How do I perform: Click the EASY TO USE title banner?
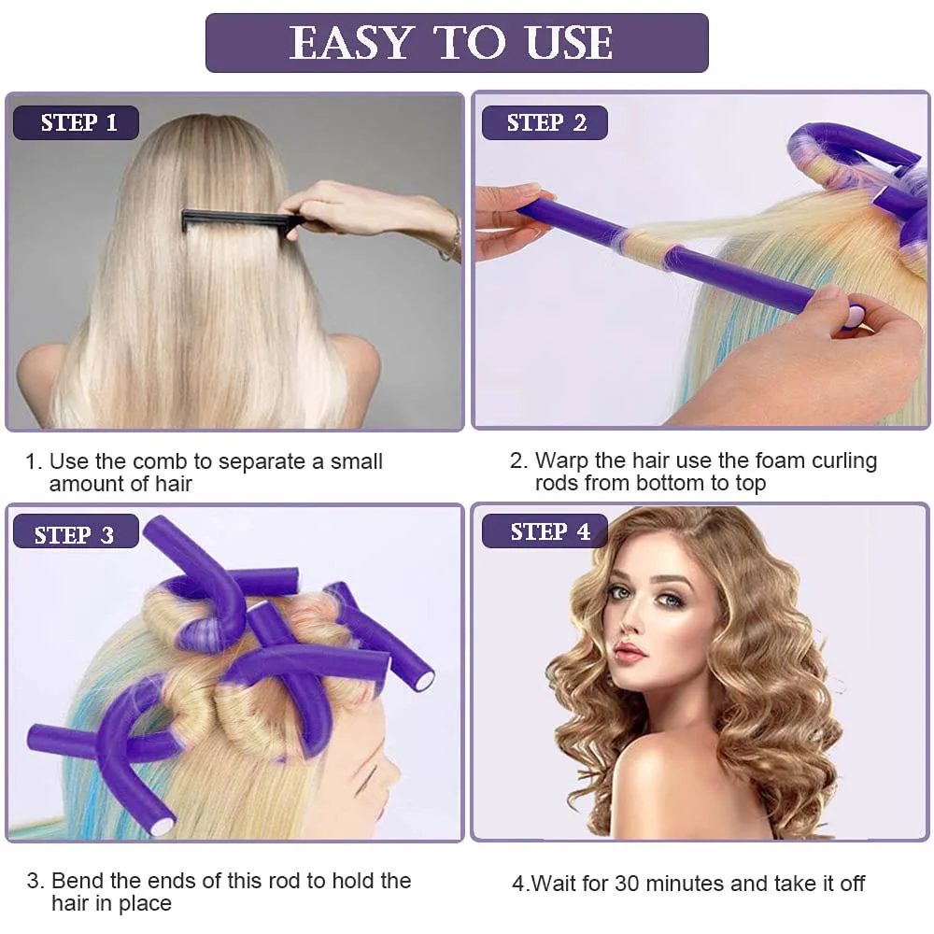pos(457,43)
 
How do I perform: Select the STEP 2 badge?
pos(545,123)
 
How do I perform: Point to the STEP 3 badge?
pos(75,534)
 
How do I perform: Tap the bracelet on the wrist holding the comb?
pos(454,235)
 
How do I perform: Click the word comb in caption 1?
pos(159,461)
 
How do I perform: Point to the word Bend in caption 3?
pos(76,881)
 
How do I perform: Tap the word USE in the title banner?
pos(568,43)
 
